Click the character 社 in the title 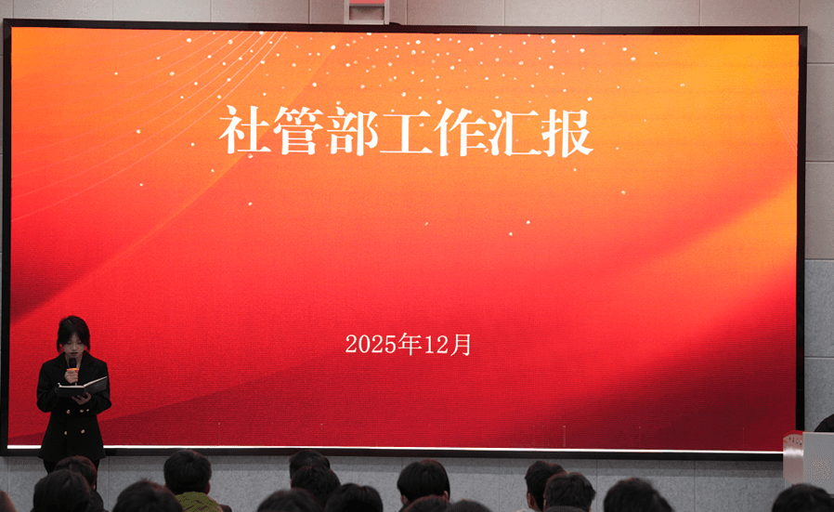(244, 130)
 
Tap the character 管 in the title (298, 130)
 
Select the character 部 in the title (353, 131)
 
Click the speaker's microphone (72, 366)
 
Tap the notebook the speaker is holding (83, 387)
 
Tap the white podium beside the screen (809, 458)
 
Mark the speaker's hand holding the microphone (72, 375)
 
